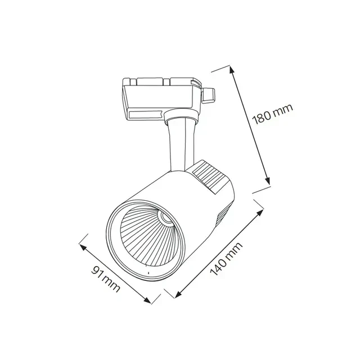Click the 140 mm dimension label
226,259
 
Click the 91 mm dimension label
105,279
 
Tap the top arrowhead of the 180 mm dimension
232,70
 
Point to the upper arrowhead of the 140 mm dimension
260,213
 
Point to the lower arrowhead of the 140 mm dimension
179,294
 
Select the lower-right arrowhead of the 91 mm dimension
147,300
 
